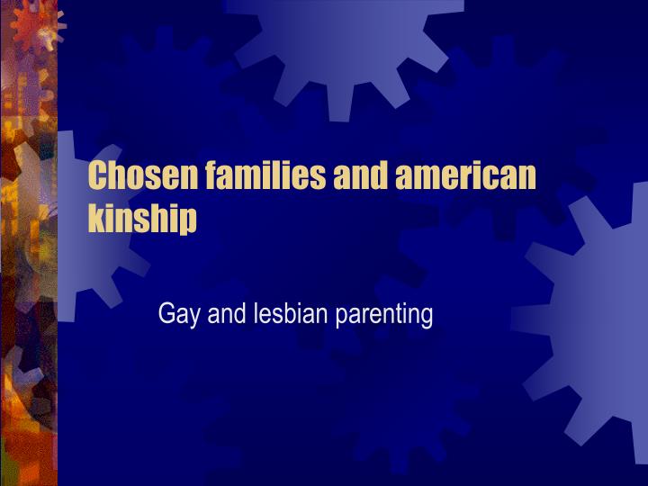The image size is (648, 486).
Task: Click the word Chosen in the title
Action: click(142, 175)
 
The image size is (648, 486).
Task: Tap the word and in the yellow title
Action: click(360, 175)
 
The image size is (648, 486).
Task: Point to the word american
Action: click(466, 175)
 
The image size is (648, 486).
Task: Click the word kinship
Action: click(142, 219)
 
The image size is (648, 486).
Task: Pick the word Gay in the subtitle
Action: click(179, 315)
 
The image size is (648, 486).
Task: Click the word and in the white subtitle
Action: click(227, 314)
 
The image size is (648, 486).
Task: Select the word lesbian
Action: click(291, 314)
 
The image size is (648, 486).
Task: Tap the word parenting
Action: click(384, 316)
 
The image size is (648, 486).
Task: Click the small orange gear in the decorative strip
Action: click(35, 25)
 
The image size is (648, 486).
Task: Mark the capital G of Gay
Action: click(166, 314)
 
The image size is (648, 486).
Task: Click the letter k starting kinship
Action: click(97, 218)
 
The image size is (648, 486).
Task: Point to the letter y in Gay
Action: click(194, 319)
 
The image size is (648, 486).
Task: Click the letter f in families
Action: click(212, 175)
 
